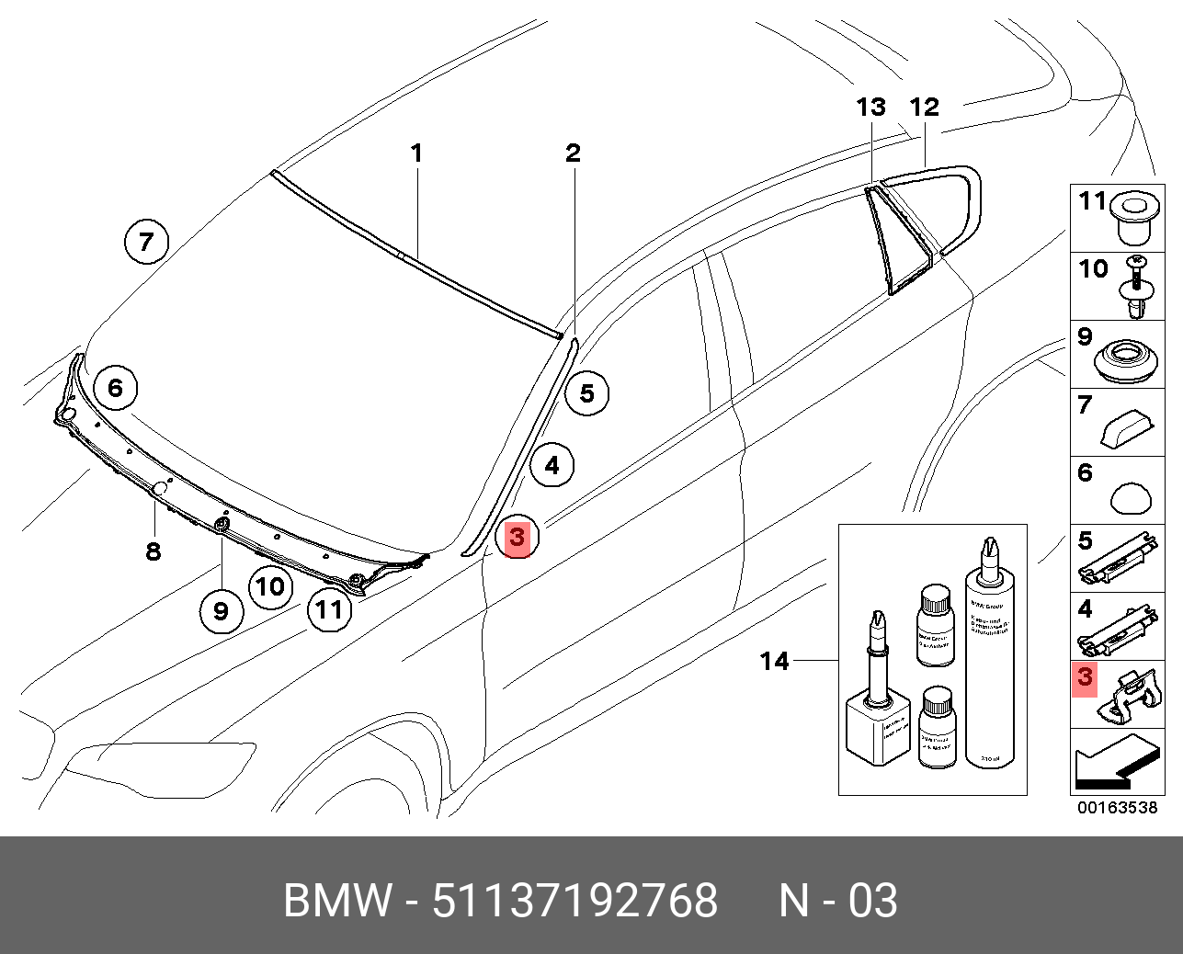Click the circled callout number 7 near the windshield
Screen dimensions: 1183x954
(x=146, y=243)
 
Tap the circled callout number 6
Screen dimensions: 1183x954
(x=115, y=388)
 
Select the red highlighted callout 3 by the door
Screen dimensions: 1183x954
(x=517, y=537)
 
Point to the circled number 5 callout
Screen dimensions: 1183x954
(x=586, y=394)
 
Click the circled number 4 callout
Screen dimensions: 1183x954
(x=552, y=466)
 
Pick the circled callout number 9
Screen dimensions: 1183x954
(x=221, y=610)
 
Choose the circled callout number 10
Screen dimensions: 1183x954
(x=270, y=586)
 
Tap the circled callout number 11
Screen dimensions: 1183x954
(x=329, y=608)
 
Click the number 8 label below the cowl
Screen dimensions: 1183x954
(x=154, y=551)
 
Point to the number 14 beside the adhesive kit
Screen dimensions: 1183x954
(x=774, y=661)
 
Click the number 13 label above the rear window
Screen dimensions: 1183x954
(x=870, y=108)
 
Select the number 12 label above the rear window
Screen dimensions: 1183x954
(x=924, y=108)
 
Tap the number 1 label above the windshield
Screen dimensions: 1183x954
(x=416, y=153)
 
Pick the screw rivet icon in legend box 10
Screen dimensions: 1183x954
(x=1138, y=288)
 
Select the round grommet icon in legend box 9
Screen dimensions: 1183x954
(x=1127, y=360)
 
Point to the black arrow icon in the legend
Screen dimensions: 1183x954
(x=1114, y=766)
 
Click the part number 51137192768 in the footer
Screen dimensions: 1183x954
(x=574, y=901)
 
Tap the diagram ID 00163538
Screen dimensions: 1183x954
(x=1117, y=808)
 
